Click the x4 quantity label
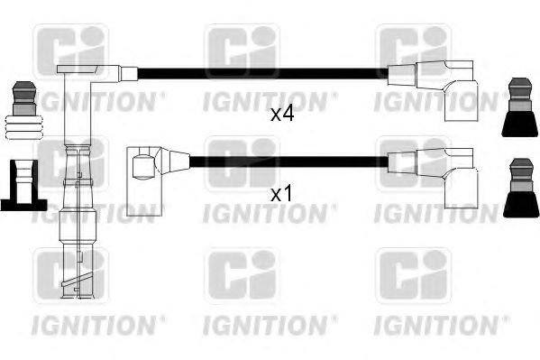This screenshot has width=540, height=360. click(282, 115)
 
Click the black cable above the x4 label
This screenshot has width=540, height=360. click(261, 75)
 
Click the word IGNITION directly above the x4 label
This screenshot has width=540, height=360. click(270, 99)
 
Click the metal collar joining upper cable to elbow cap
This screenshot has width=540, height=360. click(129, 74)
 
